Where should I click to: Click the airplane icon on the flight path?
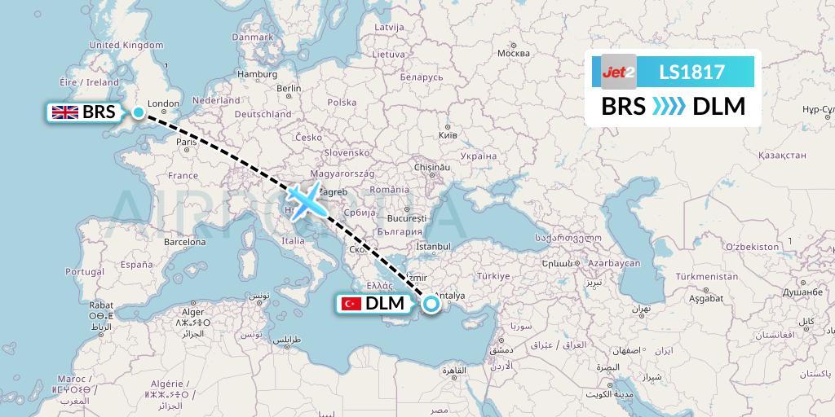click(306, 200)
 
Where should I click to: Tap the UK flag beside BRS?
click(64, 112)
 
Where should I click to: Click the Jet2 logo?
click(618, 72)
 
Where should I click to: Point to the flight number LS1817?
click(691, 72)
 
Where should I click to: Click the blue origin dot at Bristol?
click(139, 112)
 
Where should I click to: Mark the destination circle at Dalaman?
click(431, 305)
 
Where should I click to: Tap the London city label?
click(163, 103)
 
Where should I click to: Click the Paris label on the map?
click(187, 142)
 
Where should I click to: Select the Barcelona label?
click(184, 242)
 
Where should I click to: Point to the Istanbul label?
click(433, 246)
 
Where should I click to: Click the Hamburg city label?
click(258, 74)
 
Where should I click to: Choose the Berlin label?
click(289, 88)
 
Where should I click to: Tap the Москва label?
click(514, 54)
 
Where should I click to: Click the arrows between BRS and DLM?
click(669, 107)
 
